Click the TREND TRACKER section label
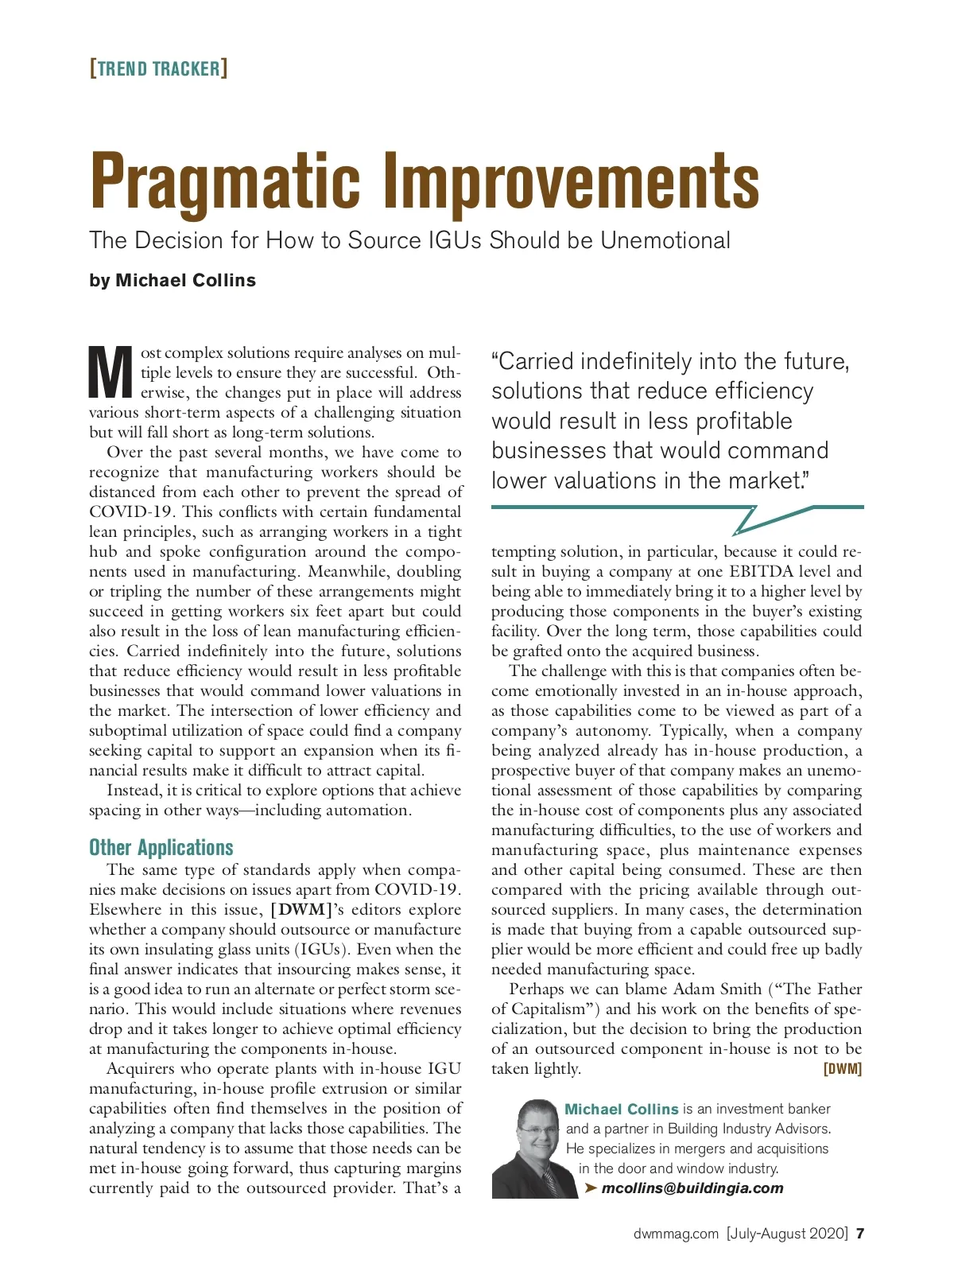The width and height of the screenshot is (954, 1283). (158, 68)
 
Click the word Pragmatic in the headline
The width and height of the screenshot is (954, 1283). (226, 182)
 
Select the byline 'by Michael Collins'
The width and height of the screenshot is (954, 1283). (173, 281)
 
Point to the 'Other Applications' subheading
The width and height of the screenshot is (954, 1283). (161, 847)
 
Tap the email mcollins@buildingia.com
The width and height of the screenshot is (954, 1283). (692, 1188)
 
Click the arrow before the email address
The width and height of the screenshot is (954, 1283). (590, 1188)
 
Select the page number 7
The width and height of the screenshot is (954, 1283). (860, 1234)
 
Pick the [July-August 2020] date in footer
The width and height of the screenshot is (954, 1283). (787, 1234)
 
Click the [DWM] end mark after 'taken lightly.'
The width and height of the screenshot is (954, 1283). (843, 1069)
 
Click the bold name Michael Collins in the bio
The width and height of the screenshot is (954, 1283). (621, 1109)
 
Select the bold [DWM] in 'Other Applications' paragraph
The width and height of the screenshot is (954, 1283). (301, 909)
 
